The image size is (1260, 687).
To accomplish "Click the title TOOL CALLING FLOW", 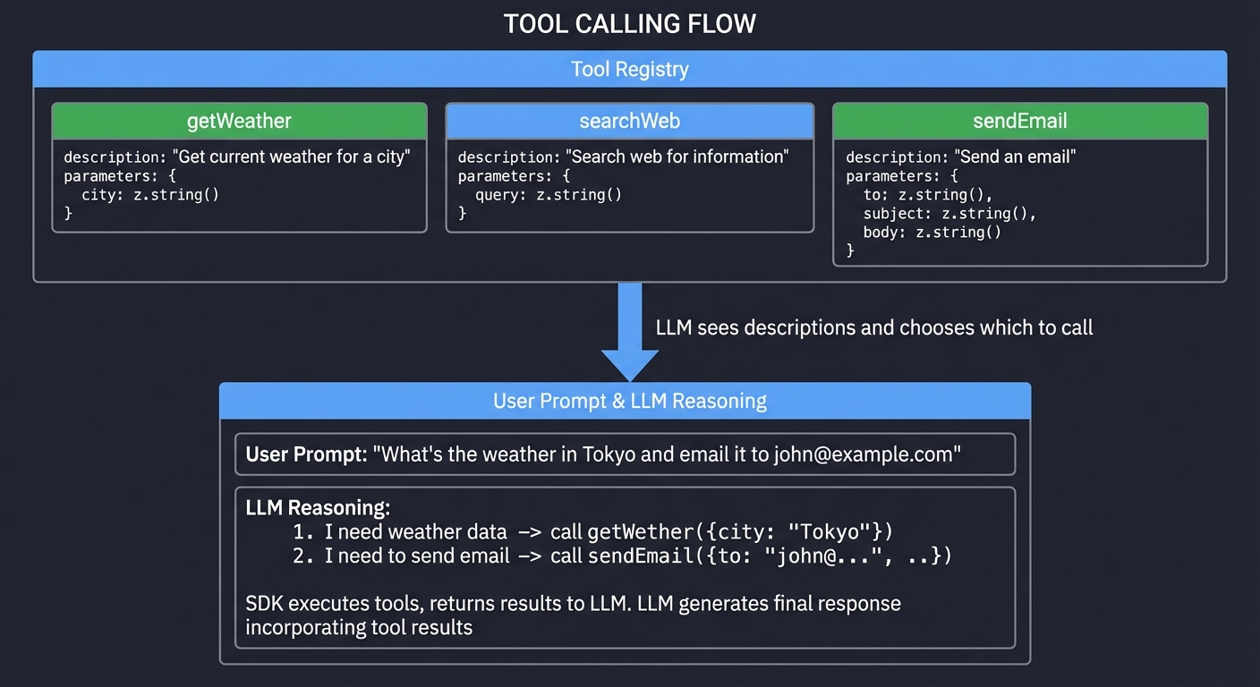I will tap(629, 24).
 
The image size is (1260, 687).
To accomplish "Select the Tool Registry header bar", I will tap(629, 69).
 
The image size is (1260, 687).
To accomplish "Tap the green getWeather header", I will tap(239, 121).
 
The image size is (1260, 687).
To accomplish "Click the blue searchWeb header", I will tap(629, 121).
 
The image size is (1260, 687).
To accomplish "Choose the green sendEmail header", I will tap(1019, 121).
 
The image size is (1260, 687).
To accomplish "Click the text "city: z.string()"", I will tap(149, 194).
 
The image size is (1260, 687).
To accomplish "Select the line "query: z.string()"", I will tap(548, 194).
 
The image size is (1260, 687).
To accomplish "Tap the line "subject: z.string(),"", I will tap(949, 214).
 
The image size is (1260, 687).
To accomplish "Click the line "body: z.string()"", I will tap(932, 233).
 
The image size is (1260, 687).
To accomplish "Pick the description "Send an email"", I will tap(1015, 157).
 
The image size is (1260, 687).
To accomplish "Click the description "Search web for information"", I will tap(677, 157).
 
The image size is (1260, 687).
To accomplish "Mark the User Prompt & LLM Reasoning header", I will tap(629, 401).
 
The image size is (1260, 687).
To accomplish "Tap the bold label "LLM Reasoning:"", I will tap(318, 508).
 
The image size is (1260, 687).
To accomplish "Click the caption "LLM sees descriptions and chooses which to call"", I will tap(873, 327).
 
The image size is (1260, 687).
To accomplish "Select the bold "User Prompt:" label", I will tap(306, 454).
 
